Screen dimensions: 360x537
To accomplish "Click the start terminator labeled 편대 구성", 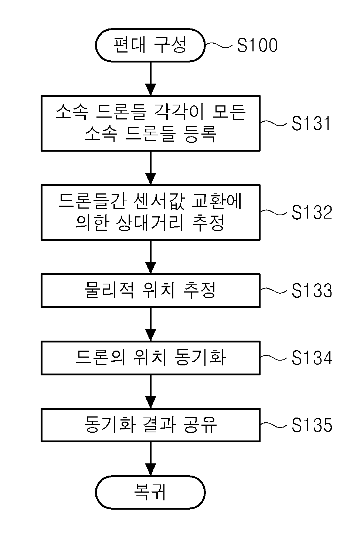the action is tap(150, 45).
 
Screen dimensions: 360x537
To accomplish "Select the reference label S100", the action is tap(257, 45).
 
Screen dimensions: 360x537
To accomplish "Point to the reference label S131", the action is tap(311, 123).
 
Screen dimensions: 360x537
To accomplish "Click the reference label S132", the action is tap(312, 212).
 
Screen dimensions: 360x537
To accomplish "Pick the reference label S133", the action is tap(312, 290).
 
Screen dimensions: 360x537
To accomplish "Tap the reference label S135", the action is tap(312, 425).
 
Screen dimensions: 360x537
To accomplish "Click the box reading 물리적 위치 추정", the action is tap(150, 291).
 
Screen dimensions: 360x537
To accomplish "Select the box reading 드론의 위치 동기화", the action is tap(150, 358).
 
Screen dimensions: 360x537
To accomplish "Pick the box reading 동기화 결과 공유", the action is tap(150, 425).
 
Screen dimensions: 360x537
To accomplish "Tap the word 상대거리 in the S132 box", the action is tap(150, 223).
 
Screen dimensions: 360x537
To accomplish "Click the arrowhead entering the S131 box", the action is tap(150, 90).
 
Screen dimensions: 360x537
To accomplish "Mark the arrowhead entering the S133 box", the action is tap(150, 268).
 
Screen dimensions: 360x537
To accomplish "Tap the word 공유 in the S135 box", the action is tap(200, 425).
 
